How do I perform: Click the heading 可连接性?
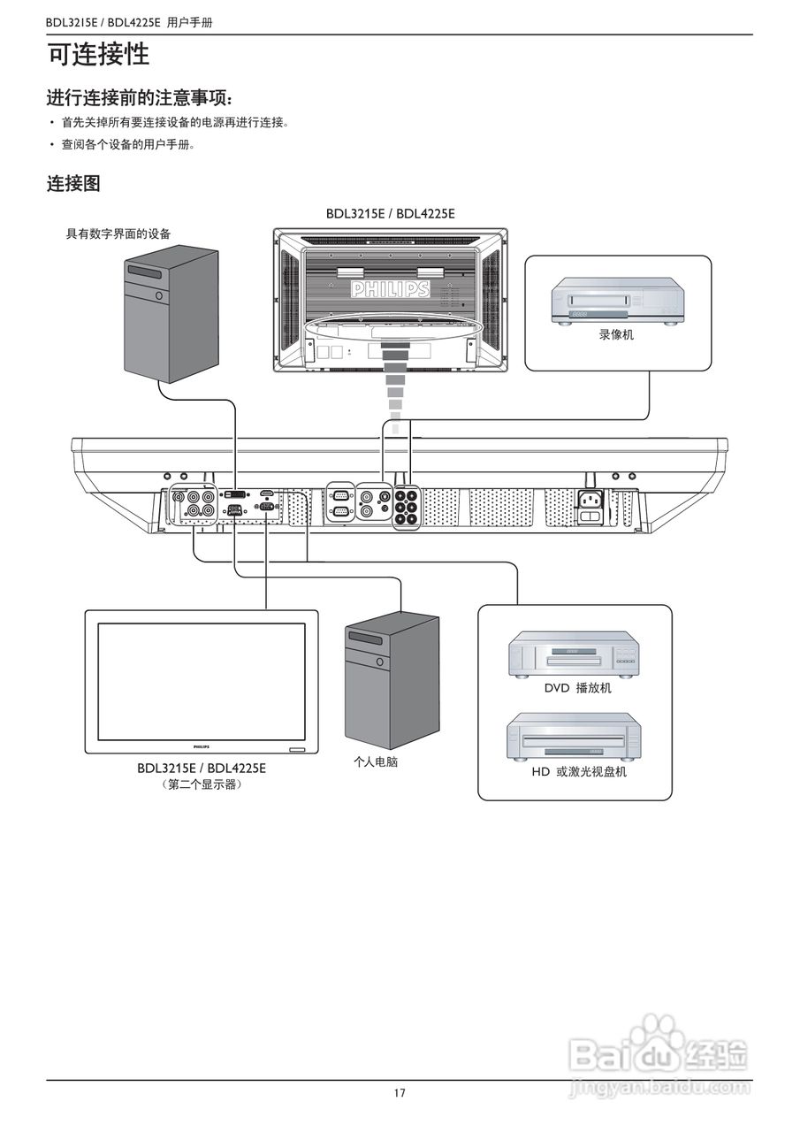[98, 56]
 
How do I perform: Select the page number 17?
[400, 1093]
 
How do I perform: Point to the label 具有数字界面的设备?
[118, 233]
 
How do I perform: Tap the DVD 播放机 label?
[576, 688]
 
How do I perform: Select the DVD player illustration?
[574, 655]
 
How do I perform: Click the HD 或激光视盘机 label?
[578, 772]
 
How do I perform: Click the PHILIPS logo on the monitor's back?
[390, 290]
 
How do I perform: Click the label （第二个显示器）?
[202, 784]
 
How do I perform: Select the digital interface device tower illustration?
[171, 314]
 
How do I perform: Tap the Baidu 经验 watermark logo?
[659, 1053]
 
